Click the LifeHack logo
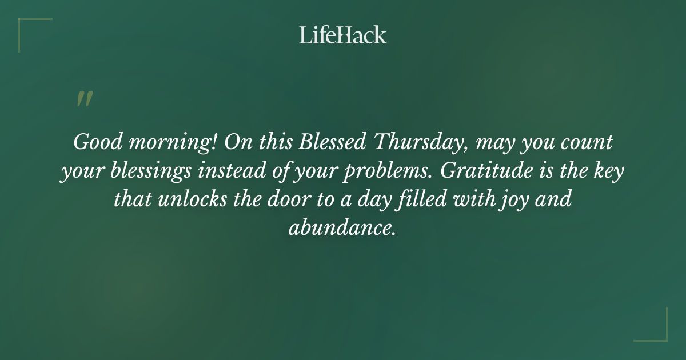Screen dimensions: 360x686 [343, 35]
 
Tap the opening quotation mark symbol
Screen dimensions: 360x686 [84, 99]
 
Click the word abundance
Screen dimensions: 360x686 [342, 228]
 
